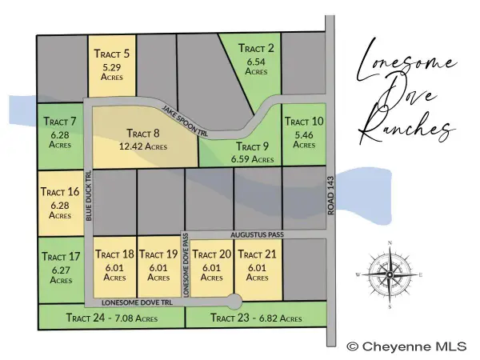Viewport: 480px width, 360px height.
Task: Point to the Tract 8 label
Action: [144, 134]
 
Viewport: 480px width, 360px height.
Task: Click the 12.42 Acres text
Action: [145, 146]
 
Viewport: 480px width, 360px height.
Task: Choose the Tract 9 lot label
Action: [252, 147]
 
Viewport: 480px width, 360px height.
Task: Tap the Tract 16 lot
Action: [61, 203]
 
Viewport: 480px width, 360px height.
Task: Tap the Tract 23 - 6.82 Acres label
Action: [256, 318]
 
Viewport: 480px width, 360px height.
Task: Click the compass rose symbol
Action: [389, 274]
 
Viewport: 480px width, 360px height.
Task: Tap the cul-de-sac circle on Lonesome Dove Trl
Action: [234, 302]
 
